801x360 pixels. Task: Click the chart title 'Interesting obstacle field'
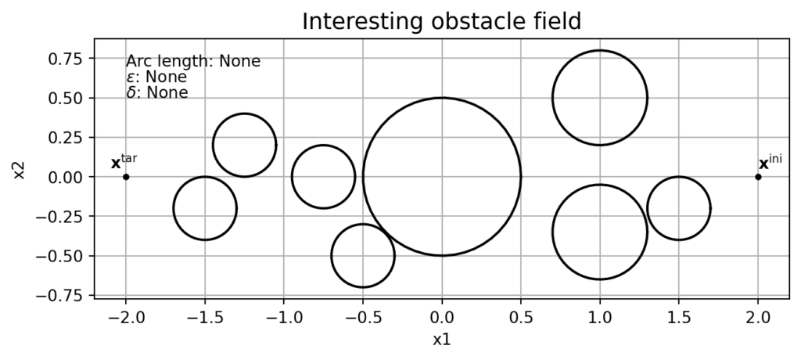441,21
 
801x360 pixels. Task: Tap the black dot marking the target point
126,177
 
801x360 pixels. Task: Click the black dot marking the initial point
758,177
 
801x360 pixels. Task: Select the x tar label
124,162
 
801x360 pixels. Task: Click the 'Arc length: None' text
193,61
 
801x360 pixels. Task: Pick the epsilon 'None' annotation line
156,77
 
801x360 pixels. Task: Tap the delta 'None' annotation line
156,92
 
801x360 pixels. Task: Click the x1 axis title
442,340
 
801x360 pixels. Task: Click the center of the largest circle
442,177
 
